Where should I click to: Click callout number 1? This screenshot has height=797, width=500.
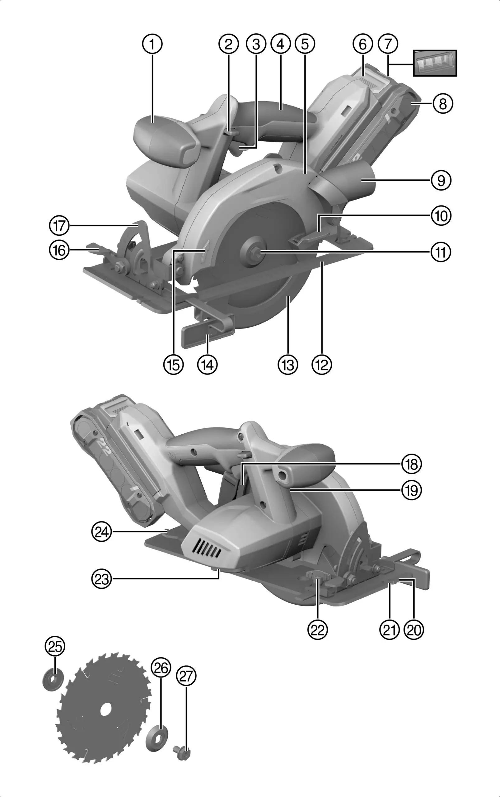click(x=152, y=44)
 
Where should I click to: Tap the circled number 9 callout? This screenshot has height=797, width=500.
click(x=441, y=181)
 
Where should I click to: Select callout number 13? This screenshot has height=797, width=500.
click(x=288, y=365)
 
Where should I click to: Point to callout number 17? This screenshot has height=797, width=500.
click(x=59, y=226)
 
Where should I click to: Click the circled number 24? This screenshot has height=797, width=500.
click(x=101, y=532)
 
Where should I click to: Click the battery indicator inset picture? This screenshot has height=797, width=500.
click(x=435, y=63)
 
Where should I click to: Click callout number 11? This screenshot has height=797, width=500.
click(x=441, y=252)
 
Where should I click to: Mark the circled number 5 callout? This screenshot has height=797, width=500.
click(x=305, y=44)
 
